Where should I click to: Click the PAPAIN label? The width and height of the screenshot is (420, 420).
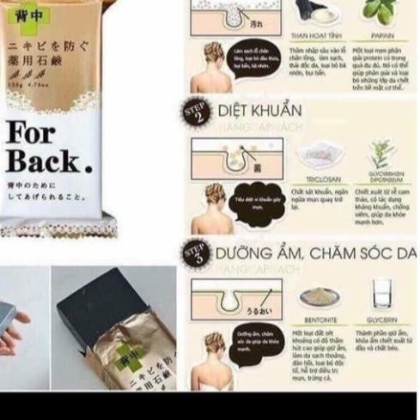click(382, 37)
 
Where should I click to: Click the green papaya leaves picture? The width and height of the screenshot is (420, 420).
click(380, 13)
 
